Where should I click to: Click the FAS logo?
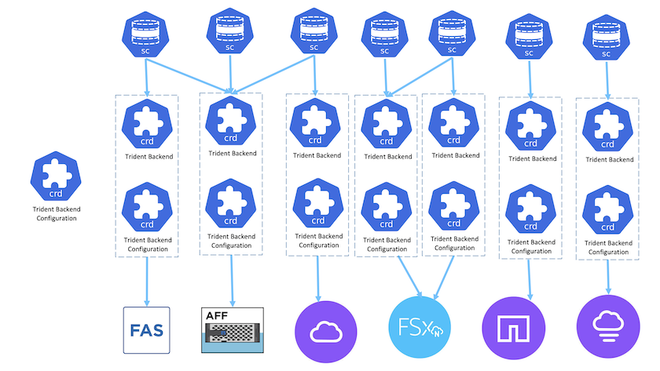coord(148,328)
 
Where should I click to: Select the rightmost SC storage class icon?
coord(605,36)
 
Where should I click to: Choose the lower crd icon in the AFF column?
coord(230,206)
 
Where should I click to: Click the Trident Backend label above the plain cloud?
coord(317,155)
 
